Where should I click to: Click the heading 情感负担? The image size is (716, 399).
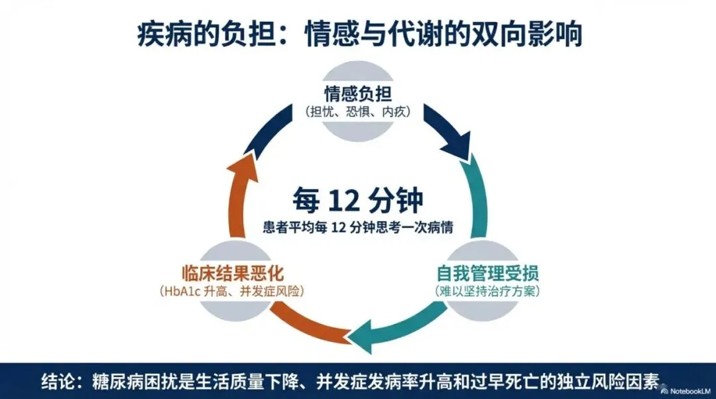point(358,93)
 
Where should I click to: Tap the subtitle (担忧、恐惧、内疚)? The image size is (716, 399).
point(358,111)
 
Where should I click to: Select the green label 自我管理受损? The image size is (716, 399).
point(487,273)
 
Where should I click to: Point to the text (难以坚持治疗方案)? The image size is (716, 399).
point(487,291)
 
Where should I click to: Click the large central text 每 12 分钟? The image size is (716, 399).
point(358,199)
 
